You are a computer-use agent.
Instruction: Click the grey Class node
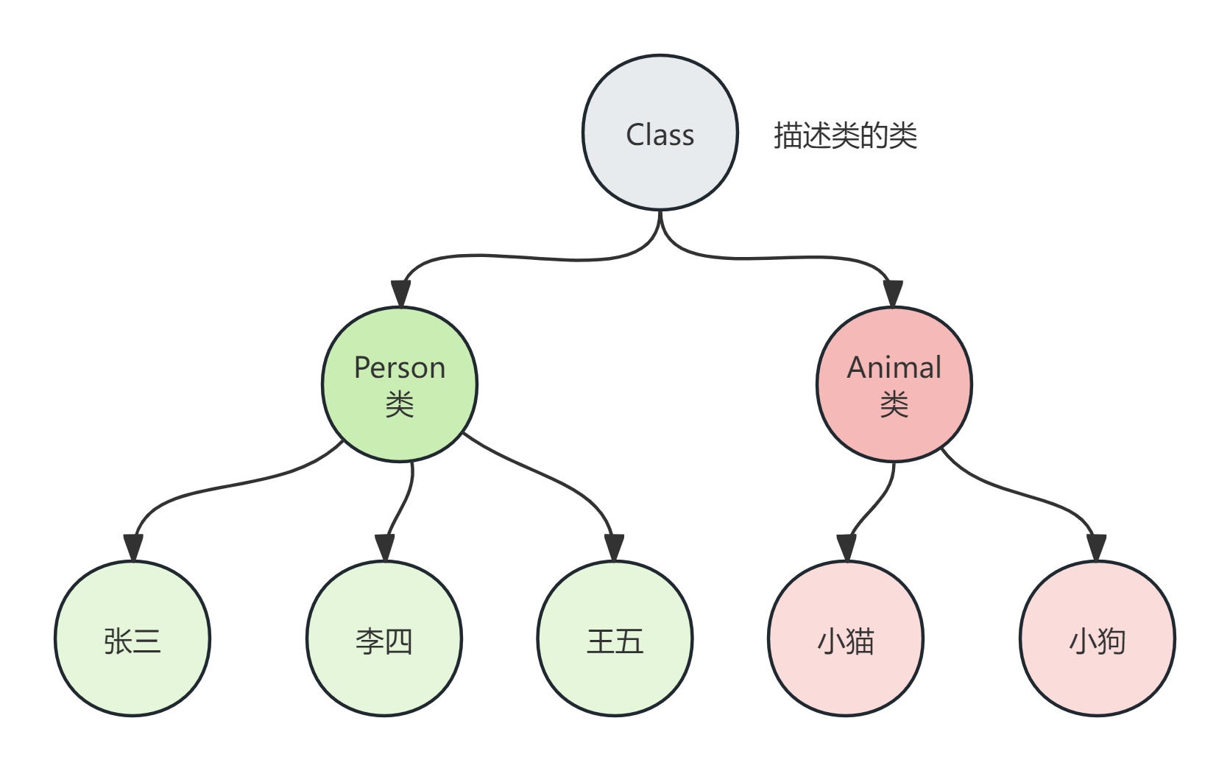[660, 133]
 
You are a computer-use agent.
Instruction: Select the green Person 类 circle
[400, 384]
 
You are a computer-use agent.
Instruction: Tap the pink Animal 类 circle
[894, 384]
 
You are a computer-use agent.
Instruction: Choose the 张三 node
[132, 638]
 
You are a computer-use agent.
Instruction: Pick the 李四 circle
[384, 638]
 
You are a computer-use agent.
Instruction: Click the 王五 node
[615, 638]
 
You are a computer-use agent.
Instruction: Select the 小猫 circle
[846, 638]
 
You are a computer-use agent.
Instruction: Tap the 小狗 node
[1098, 638]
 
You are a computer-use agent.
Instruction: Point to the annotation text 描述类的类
[845, 135]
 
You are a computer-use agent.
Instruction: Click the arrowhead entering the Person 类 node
[401, 293]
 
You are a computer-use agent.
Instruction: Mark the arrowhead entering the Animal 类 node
[893, 293]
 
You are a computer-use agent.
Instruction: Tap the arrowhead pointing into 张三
[133, 547]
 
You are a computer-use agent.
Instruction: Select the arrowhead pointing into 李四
[385, 547]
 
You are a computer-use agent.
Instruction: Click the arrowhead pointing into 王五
[615, 547]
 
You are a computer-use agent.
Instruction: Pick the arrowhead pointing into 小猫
[846, 547]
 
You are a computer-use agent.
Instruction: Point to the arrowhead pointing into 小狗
[1097, 547]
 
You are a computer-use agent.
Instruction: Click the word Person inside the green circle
[400, 367]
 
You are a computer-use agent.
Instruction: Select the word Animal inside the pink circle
[894, 367]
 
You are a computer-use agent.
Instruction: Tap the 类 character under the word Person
[400, 404]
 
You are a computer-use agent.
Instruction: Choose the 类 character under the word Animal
[894, 404]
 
